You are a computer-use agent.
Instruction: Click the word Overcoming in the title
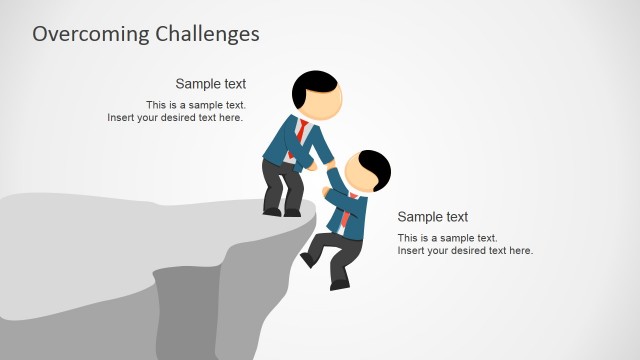coord(90,33)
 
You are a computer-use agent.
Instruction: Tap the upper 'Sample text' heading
coord(210,84)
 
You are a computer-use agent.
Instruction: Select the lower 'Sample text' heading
coord(432,217)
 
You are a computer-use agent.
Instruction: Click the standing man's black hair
coord(312,86)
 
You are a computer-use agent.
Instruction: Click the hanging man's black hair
coord(374,164)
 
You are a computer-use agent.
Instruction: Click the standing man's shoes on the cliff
coord(281,211)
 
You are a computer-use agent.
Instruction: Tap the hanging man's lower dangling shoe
coord(340,283)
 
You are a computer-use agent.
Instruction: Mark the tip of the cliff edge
coord(317,206)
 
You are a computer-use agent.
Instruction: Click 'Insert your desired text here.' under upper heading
coord(175,118)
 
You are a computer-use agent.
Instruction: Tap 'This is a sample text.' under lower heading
coord(447,238)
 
